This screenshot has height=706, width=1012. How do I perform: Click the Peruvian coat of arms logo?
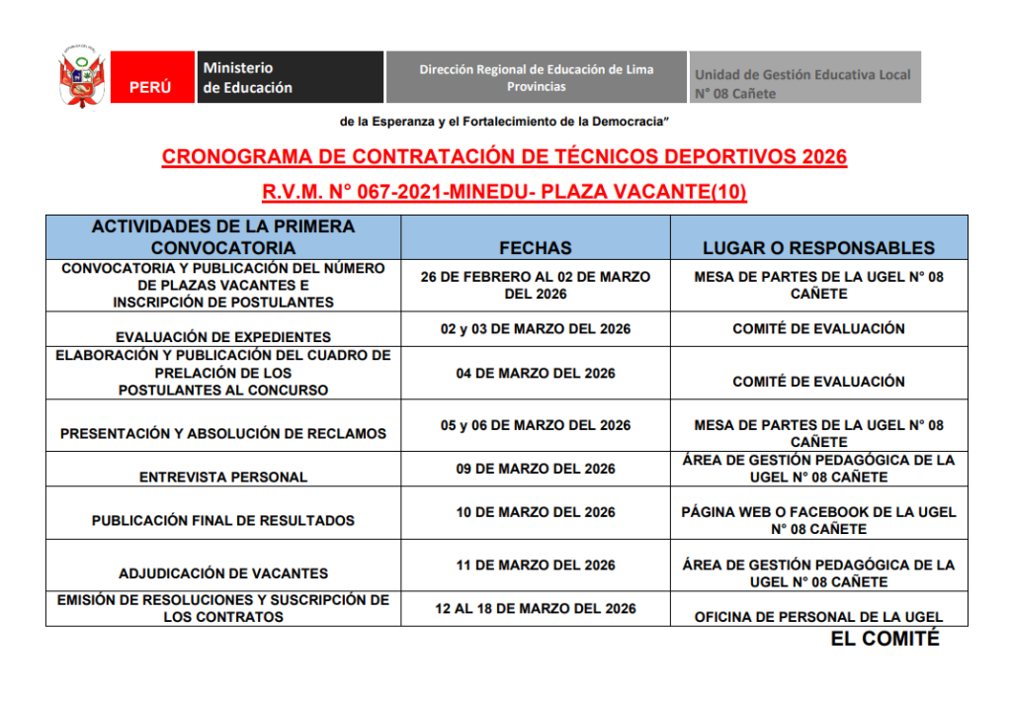pos(82,77)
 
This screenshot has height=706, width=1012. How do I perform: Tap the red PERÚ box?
pos(150,77)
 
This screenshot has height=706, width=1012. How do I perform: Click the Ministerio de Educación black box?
pos(290,77)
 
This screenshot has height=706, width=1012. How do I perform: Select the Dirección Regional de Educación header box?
pos(536,77)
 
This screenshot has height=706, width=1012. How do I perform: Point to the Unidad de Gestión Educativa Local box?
pos(804,77)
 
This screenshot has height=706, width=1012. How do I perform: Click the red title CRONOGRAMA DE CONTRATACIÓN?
pos(504,157)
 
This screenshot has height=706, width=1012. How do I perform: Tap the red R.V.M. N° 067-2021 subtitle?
pos(504,192)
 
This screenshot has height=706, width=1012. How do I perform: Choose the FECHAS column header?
pos(535,247)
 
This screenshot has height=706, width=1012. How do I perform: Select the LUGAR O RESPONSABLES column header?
pos(818,247)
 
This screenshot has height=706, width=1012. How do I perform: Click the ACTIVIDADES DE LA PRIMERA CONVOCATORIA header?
pos(222,237)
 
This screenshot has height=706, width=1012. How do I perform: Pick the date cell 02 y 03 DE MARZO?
pos(535,328)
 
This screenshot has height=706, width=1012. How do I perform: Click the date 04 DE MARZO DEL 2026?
pos(535,373)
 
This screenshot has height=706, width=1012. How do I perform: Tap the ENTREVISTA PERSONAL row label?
pos(222,477)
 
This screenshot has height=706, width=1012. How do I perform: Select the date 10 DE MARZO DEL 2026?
pos(535,512)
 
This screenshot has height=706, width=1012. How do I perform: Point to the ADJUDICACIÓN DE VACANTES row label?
pos(222,574)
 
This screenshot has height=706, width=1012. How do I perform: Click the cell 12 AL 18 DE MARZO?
pos(535,608)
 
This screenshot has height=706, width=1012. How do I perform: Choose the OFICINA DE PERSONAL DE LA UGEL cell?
pos(818,617)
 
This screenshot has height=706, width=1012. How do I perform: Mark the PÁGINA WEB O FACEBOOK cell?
pos(818,521)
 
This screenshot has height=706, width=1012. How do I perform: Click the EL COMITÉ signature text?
pos(885,640)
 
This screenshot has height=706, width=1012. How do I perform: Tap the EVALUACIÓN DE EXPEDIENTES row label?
pos(222,337)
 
